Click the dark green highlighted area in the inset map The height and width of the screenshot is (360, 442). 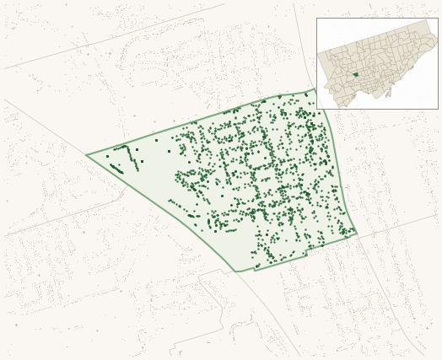[x=355, y=74]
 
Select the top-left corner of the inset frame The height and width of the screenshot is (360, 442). [x=316, y=19]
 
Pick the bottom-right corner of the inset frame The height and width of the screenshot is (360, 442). [x=438, y=109]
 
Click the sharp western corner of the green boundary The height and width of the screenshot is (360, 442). [x=86, y=155]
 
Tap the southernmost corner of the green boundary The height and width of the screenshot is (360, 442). [x=237, y=271]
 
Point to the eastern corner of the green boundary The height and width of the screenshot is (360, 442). [x=357, y=234]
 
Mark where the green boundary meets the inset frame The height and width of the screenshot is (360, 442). [x=316, y=89]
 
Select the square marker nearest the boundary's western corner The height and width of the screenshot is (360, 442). [x=107, y=156]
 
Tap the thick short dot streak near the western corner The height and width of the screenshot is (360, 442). [x=116, y=169]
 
